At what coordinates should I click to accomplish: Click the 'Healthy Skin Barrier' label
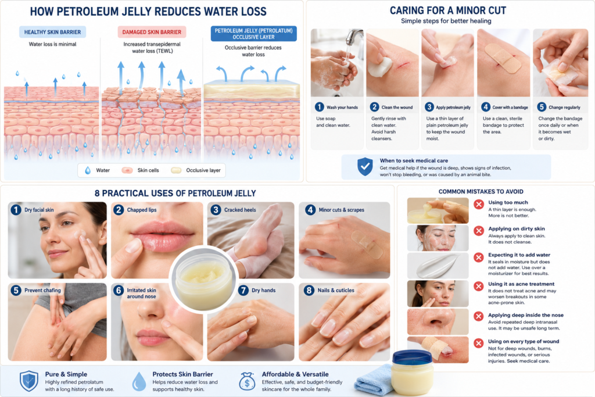52,33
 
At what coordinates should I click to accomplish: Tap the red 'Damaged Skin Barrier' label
152,33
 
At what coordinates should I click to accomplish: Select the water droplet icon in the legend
88,170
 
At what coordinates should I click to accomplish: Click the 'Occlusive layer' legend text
203,170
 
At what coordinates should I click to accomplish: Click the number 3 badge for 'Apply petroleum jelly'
429,107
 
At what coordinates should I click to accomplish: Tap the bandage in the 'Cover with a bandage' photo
503,58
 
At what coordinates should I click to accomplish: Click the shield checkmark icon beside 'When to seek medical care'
365,167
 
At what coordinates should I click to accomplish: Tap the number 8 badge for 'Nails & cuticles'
309,291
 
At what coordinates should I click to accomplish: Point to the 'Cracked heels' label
240,210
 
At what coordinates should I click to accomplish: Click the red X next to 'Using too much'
479,205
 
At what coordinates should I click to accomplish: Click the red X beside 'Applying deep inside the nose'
479,316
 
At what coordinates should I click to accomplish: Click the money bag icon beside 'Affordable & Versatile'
247,381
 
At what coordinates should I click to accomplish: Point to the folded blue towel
374,380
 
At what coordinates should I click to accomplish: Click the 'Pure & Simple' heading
66,374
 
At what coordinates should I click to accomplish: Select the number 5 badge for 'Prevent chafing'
16,291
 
